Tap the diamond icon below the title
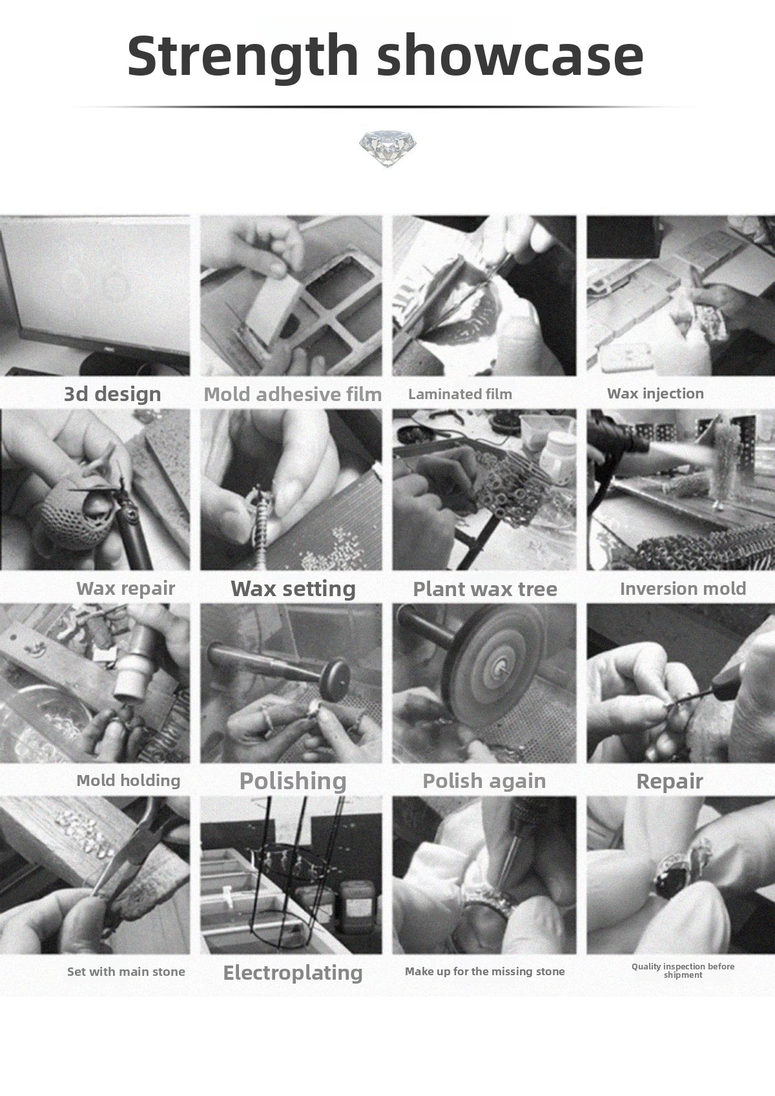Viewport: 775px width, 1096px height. click(x=387, y=149)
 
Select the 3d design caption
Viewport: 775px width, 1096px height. click(x=112, y=394)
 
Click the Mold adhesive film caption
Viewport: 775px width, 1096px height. click(x=293, y=395)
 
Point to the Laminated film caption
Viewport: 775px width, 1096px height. click(x=460, y=394)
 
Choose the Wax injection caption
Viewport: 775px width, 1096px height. click(x=655, y=393)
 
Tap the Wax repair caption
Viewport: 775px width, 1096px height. click(x=126, y=588)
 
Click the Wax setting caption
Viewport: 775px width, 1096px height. click(x=293, y=588)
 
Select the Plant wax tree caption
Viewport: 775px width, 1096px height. click(x=485, y=589)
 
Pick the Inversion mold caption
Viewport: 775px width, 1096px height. click(x=683, y=588)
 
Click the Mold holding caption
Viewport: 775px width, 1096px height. click(x=128, y=780)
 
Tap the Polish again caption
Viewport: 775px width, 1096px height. click(x=484, y=781)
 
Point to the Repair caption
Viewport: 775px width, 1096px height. click(x=669, y=781)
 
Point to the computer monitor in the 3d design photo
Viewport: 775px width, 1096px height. click(x=94, y=293)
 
